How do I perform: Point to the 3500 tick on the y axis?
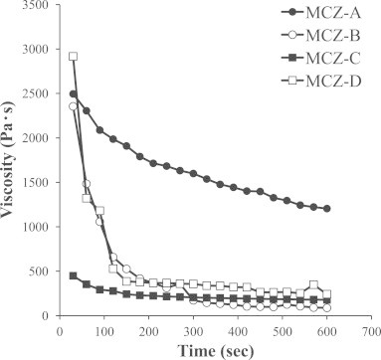coord(37,6)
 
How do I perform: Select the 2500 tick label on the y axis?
coord(37,94)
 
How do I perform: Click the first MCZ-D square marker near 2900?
coord(73,57)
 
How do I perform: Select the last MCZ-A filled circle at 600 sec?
coord(327,209)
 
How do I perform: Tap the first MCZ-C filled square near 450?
coord(73,275)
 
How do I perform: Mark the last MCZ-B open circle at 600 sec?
coord(327,308)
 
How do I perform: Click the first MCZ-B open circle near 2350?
coord(73,106)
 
